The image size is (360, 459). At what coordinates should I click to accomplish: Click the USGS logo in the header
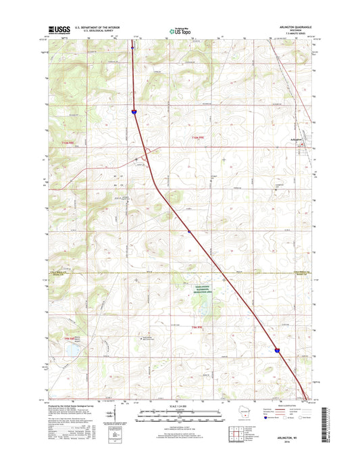click(58, 30)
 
